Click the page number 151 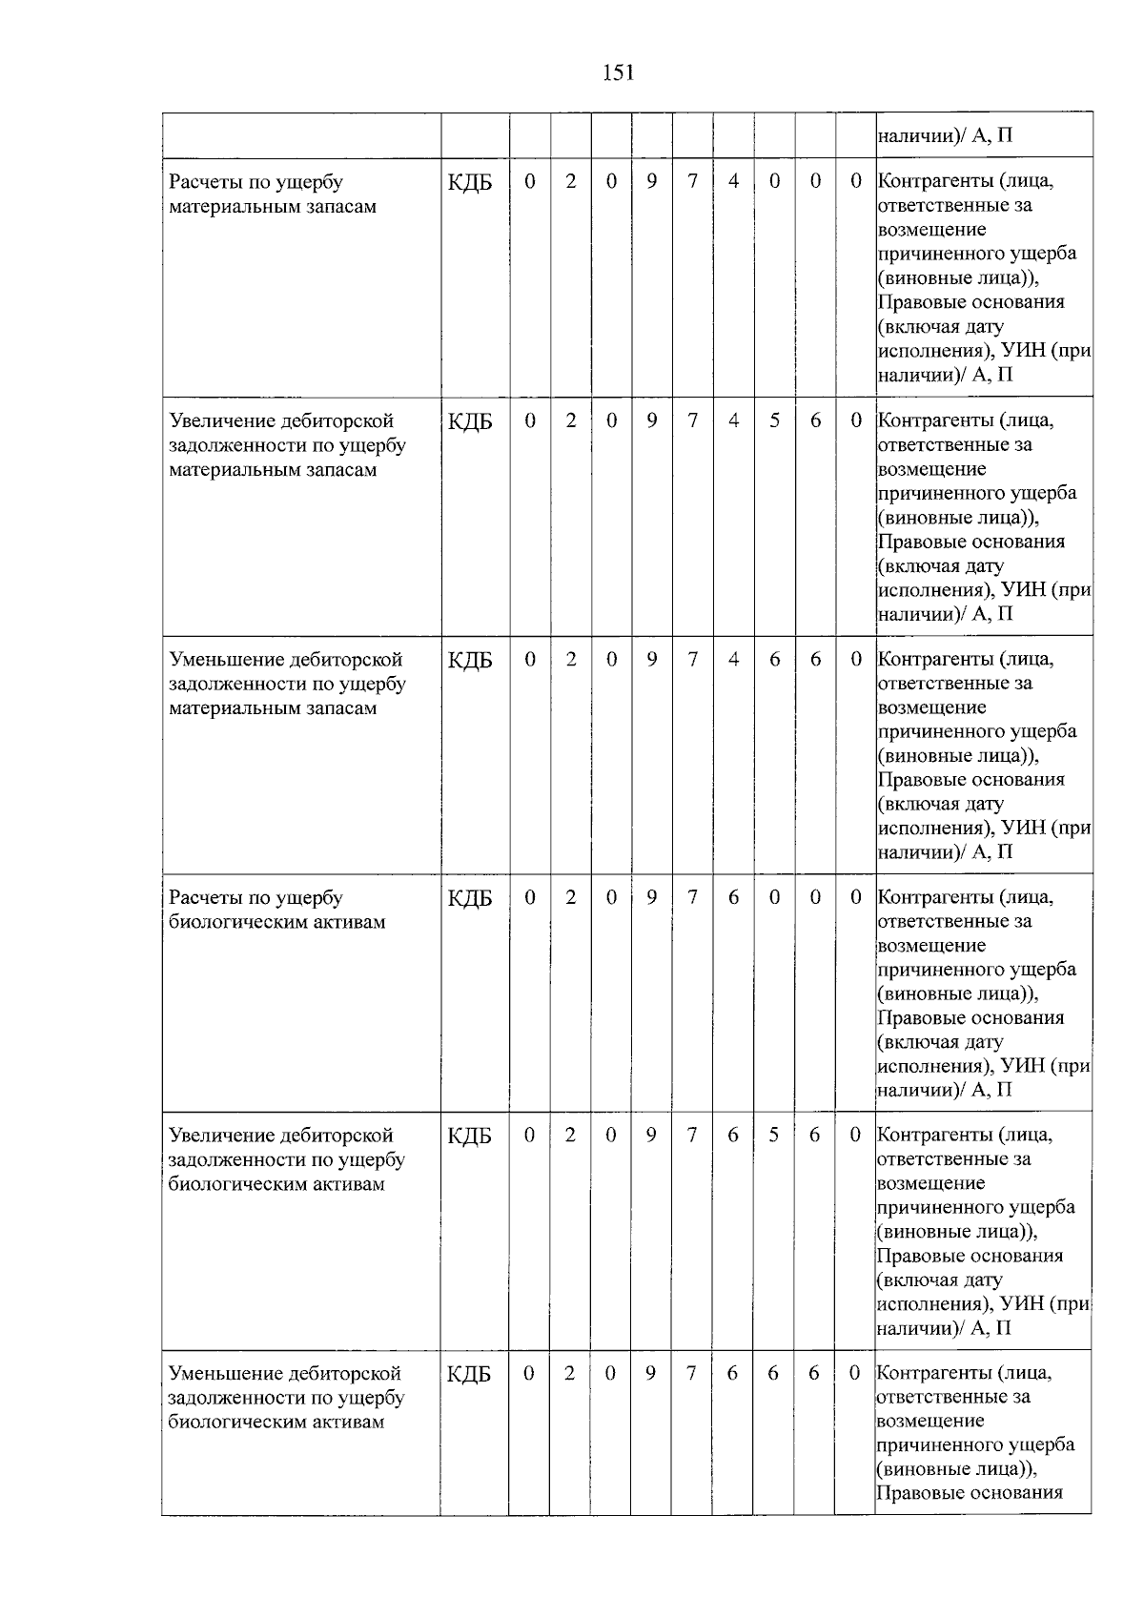tap(618, 73)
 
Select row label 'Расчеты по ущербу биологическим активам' tap(276, 910)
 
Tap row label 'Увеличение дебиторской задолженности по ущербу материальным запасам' tap(287, 445)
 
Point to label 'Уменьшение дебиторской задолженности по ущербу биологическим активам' tap(286, 1397)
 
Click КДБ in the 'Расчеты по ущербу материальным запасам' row tap(470, 182)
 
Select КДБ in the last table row tap(469, 1374)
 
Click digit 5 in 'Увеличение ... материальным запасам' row tap(775, 420)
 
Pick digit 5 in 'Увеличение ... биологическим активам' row tap(773, 1135)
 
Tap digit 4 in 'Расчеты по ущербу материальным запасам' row tap(733, 181)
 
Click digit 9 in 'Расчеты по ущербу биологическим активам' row tap(651, 896)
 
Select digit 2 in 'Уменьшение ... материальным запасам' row tap(570, 659)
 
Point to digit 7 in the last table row tap(691, 1373)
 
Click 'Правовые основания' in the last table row tap(970, 1493)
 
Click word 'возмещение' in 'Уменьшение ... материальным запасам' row tap(919, 707)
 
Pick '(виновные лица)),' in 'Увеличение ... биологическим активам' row tap(956, 1232)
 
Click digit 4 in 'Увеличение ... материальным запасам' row tap(733, 420)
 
